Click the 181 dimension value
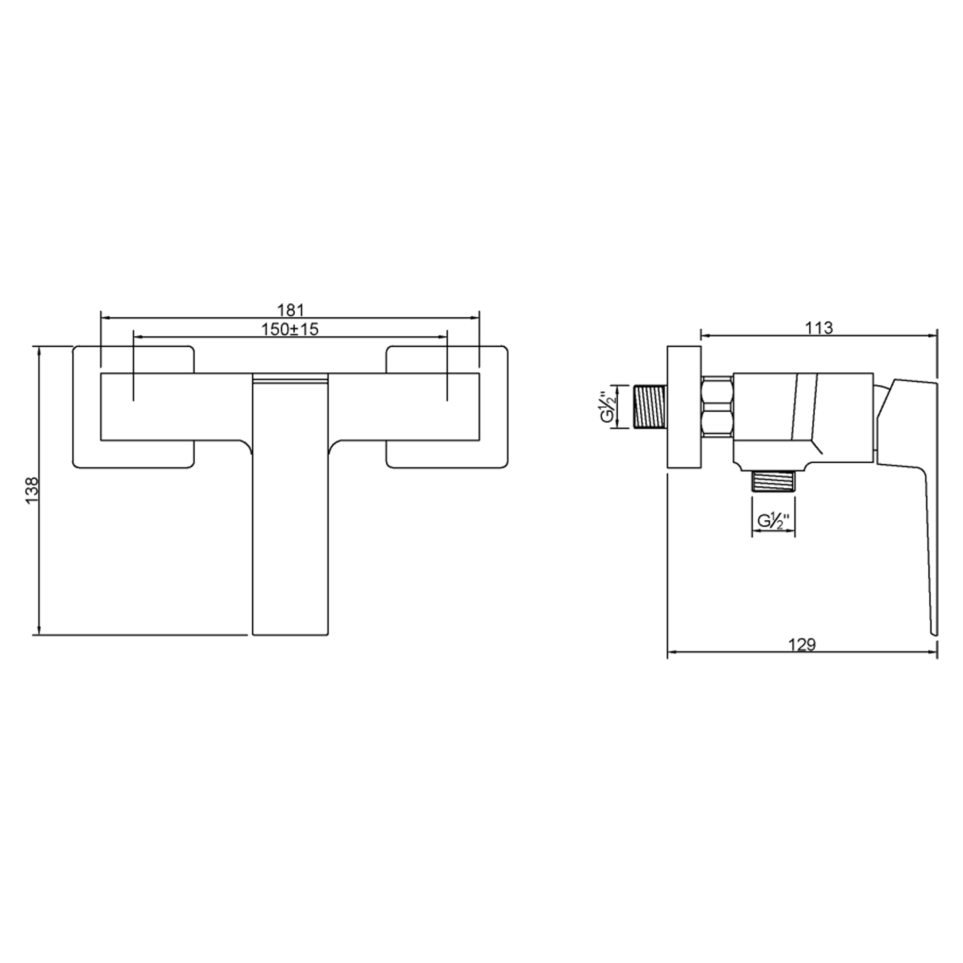click(290, 310)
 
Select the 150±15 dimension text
click(290, 329)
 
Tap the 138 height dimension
click(32, 491)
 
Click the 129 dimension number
click(802, 645)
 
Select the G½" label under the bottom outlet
click(773, 521)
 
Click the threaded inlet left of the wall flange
click(650, 406)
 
